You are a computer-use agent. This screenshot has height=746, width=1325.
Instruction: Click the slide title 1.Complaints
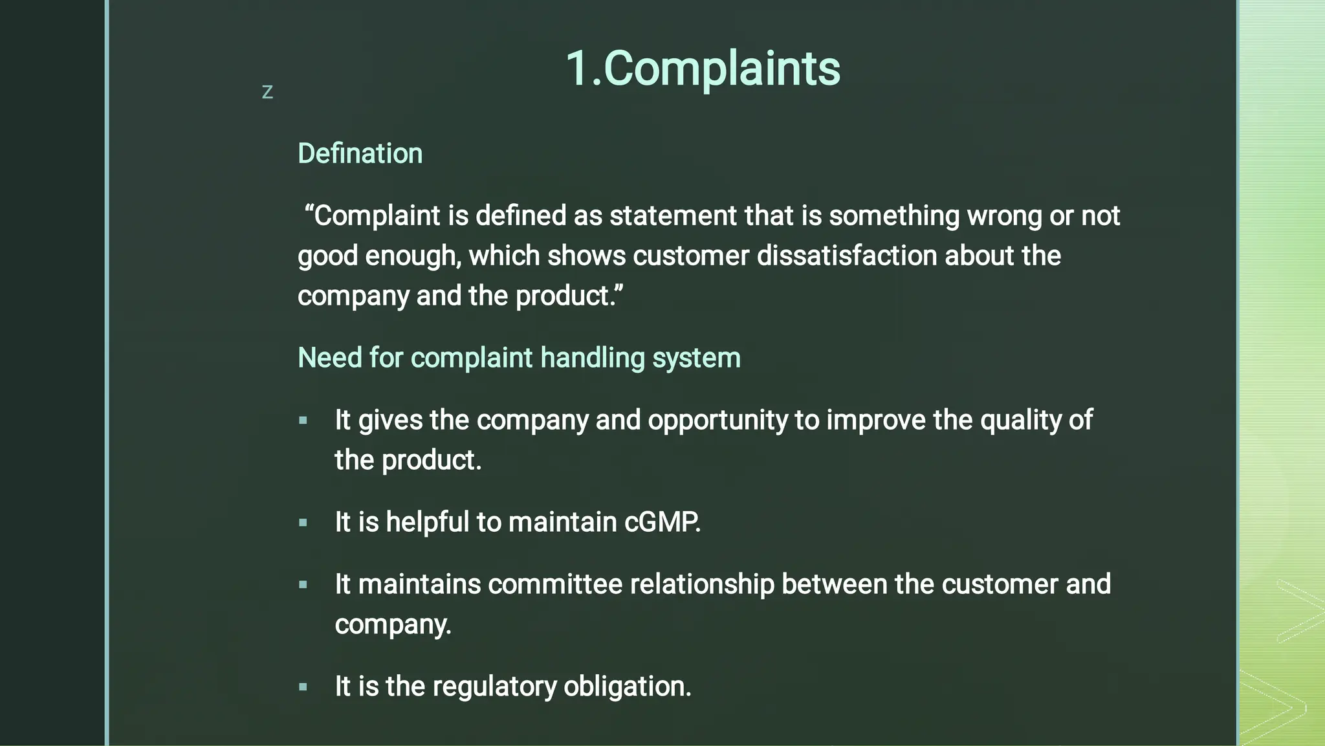pyautogui.click(x=703, y=68)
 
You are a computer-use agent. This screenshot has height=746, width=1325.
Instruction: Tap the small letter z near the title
pyautogui.click(x=267, y=93)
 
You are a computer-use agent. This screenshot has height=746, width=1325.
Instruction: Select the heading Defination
pyautogui.click(x=360, y=154)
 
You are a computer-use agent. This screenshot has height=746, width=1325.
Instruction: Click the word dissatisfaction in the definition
pyautogui.click(x=847, y=256)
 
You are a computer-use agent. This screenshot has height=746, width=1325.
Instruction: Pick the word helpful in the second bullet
pyautogui.click(x=427, y=522)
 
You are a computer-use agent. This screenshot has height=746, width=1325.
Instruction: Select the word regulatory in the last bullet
pyautogui.click(x=494, y=686)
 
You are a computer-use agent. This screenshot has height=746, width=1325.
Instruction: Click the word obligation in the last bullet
pyautogui.click(x=627, y=686)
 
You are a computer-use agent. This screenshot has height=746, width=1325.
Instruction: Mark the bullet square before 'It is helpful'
pyautogui.click(x=303, y=523)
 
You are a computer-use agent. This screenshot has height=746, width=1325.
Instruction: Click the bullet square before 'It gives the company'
pyautogui.click(x=303, y=421)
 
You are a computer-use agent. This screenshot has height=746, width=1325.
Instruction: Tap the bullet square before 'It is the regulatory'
pyautogui.click(x=303, y=687)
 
